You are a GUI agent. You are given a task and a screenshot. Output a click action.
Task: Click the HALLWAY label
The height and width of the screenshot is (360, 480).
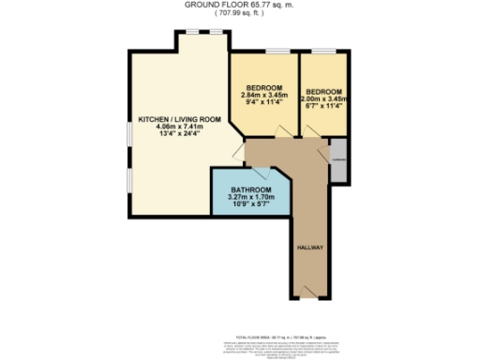pos(309,247)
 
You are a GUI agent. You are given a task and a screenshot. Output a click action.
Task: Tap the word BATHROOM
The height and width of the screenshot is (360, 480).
pos(250,190)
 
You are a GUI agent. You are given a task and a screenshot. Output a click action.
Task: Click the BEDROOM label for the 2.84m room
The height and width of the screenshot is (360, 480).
pos(264,88)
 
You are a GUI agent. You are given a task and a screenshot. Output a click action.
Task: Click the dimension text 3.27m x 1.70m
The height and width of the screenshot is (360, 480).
pos(250,198)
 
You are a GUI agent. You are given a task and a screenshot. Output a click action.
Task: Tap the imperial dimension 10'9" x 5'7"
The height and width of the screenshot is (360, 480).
pos(250,205)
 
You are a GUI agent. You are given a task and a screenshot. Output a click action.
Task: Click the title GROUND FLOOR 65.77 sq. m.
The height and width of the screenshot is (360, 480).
pos(240,6)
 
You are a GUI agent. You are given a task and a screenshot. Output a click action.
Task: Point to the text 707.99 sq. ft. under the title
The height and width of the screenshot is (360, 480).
pos(240,14)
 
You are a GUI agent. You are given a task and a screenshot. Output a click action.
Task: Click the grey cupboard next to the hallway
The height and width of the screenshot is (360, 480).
pos(337,160)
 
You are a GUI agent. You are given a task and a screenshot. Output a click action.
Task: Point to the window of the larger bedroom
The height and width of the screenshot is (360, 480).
pos(276,50)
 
